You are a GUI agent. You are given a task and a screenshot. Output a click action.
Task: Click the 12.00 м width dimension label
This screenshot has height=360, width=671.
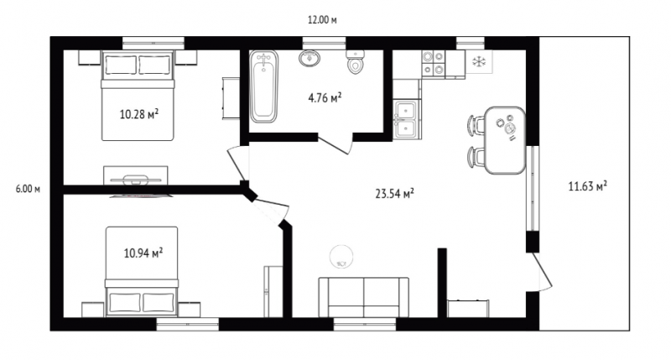pyautogui.click(x=322, y=19)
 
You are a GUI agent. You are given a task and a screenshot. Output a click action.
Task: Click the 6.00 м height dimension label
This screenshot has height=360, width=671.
pyautogui.click(x=28, y=189)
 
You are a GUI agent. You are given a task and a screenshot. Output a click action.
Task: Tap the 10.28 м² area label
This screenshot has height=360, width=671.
pyautogui.click(x=139, y=114)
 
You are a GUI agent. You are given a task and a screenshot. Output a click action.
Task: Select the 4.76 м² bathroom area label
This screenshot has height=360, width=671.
pyautogui.click(x=325, y=97)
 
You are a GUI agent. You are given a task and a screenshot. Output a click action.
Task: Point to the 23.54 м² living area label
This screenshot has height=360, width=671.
pyautogui.click(x=394, y=194)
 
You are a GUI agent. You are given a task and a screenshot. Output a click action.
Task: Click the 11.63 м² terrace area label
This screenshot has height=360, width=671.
pyautogui.click(x=588, y=185)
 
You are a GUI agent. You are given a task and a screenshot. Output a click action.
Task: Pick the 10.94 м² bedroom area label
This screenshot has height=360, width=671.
pyautogui.click(x=143, y=253)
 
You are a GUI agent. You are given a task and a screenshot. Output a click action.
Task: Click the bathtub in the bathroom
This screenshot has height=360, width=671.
pyautogui.click(x=263, y=86)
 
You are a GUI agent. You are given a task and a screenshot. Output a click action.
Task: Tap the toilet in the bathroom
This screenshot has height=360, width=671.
pyautogui.click(x=355, y=61)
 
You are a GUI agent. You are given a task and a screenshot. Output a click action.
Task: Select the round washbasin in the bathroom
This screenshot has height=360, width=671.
pyautogui.click(x=309, y=58)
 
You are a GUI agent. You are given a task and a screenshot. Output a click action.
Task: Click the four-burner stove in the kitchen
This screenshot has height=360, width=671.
pyautogui.click(x=433, y=63)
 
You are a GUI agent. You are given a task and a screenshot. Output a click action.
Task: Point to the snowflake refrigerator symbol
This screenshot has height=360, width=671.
pyautogui.click(x=479, y=61)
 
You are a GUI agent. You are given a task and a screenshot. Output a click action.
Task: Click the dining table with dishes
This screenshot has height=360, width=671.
pyautogui.click(x=506, y=140)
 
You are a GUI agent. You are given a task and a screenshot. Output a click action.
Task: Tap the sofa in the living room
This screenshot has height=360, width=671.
pyautogui.click(x=363, y=297)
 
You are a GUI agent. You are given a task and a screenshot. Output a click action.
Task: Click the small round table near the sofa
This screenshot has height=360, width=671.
pyautogui.click(x=341, y=257)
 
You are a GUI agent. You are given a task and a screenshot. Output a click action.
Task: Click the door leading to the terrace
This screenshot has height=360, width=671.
pyautogui.click(x=541, y=272)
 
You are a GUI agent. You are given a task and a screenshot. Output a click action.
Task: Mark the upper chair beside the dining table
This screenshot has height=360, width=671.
pyautogui.click(x=476, y=125)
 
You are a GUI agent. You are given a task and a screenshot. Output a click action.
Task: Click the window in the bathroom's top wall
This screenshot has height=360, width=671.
pyautogui.click(x=325, y=44)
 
